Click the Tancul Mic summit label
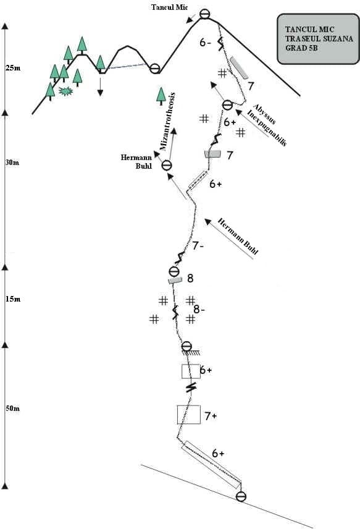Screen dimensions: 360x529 coord(169,7)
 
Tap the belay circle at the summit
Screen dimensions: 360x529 coord(204,14)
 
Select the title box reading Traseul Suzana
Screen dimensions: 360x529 coord(318,39)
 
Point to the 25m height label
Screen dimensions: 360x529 coord(13,68)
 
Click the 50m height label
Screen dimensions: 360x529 coord(12,408)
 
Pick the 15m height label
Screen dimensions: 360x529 coord(13,299)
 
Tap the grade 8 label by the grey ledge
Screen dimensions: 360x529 coord(190,278)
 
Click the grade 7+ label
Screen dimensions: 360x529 coord(211,417)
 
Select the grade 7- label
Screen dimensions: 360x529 coord(198,246)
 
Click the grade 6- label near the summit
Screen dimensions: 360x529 coord(205,43)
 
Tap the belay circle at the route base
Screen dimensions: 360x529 coord(241,497)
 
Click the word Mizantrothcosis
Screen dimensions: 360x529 coord(168,121)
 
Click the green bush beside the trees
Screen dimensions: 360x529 coord(65,91)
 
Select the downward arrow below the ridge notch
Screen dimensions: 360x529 coord(100,87)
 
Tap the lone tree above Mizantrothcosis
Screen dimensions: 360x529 coord(161,96)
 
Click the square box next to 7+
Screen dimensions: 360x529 coord(189,415)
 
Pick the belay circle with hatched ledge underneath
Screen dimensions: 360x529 coord(186,347)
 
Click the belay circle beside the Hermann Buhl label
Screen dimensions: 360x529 coord(167,166)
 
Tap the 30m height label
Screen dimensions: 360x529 coord(12,163)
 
